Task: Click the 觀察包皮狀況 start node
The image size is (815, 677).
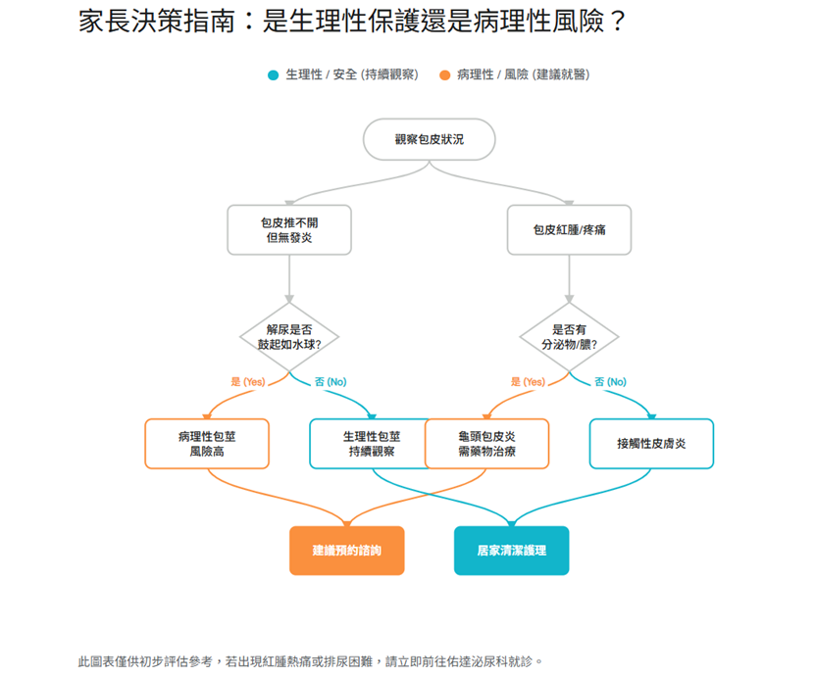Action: coord(429,140)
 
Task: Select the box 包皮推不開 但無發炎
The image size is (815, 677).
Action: coord(288,229)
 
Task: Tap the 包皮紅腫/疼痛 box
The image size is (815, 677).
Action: coord(569,229)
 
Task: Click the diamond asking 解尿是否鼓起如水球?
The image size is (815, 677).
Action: coord(289,337)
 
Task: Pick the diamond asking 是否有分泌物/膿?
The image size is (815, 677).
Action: coord(569,337)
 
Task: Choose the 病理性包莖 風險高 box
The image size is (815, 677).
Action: coord(207,444)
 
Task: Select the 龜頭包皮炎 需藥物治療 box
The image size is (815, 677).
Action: coord(487,444)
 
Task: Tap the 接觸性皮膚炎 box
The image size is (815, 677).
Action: coord(651,444)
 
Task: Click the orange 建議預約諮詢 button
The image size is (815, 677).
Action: coord(346,551)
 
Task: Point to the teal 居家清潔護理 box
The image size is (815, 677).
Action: coord(511,551)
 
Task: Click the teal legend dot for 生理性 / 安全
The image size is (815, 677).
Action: coord(274,75)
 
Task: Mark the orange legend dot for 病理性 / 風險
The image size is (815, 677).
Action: coord(445,75)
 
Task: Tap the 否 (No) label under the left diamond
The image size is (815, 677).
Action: coord(331,382)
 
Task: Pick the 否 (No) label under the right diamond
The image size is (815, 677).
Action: coord(610,382)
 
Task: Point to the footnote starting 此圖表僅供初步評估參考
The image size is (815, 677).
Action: coord(310,661)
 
